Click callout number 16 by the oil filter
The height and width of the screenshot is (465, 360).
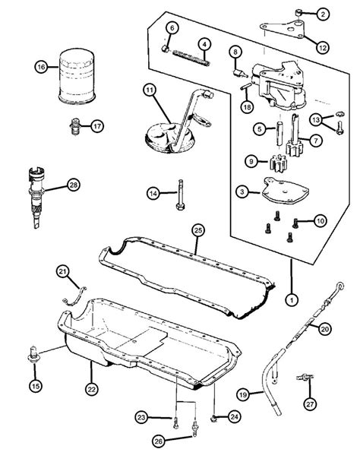pos(41,68)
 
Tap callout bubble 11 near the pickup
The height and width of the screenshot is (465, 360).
pos(150,92)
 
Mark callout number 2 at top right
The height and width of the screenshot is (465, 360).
pos(322,14)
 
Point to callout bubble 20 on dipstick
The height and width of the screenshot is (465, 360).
pos(324,330)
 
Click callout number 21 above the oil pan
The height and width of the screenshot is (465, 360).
pos(62,271)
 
